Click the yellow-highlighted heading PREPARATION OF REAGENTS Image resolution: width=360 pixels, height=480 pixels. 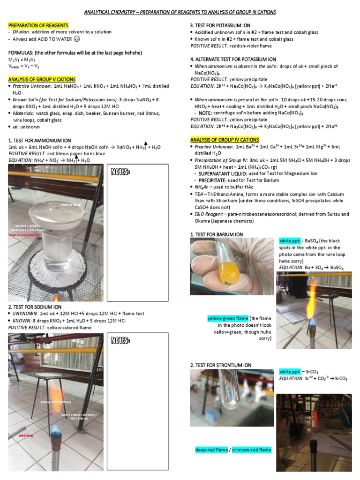pos(38,25)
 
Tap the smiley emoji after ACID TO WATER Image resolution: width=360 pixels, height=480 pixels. pos(76,39)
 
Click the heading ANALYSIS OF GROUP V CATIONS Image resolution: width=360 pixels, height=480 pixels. pos(42,80)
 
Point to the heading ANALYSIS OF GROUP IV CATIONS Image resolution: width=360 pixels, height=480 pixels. pos(224,140)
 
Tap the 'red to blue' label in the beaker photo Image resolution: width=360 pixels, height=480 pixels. pos(70,204)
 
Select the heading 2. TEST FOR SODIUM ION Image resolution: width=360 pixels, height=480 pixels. pos(35,307)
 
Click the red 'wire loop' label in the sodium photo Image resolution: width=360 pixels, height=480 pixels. pos(26,435)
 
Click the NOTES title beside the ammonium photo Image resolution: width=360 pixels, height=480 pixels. pos(120,172)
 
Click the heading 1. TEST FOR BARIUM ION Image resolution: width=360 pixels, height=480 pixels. pos(217,234)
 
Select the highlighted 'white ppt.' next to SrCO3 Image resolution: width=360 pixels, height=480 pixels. pos(288,371)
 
